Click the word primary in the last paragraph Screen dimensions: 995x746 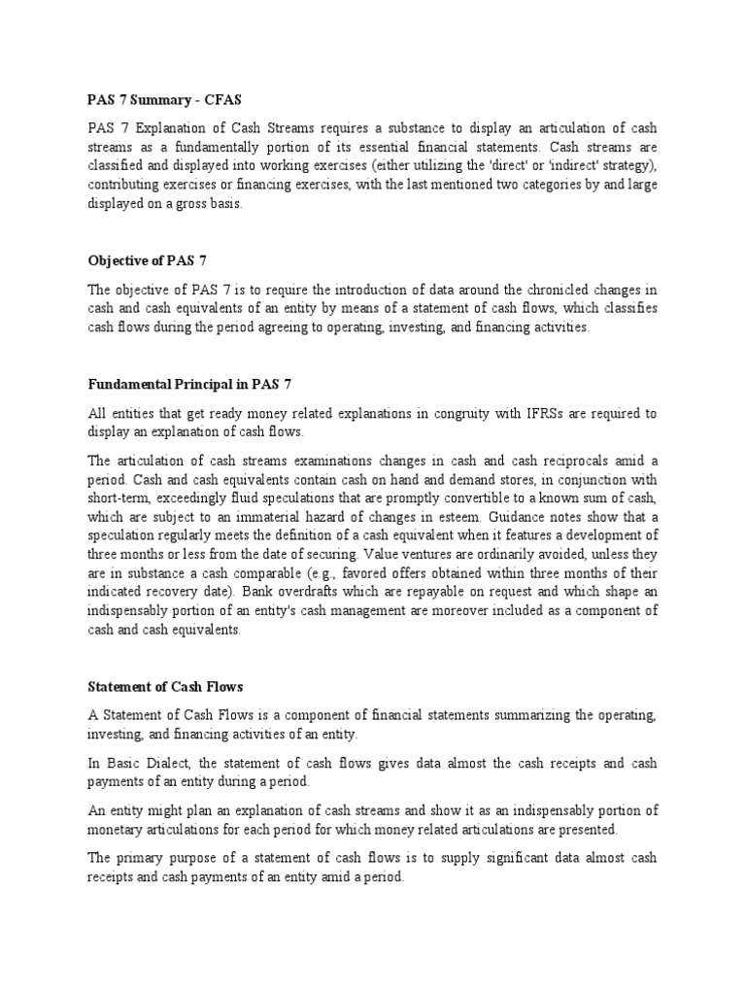(146, 857)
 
